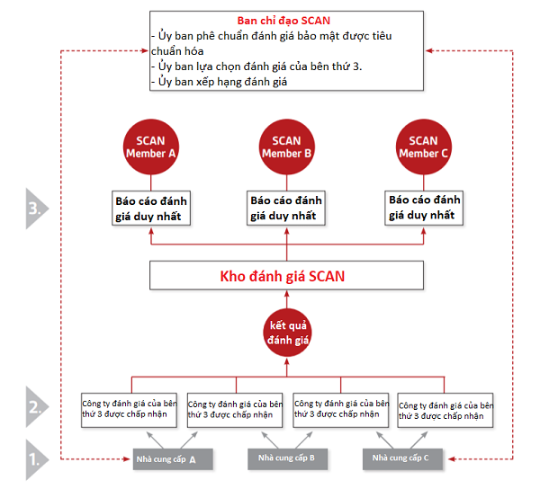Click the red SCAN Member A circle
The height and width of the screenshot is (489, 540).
[x=150, y=147]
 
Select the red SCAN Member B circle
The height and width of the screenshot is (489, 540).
[x=286, y=147]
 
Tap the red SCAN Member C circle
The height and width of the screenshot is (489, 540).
[x=423, y=147]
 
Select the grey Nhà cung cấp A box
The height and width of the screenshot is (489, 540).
[x=172, y=458]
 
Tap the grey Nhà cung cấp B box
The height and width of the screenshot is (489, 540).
[x=287, y=458]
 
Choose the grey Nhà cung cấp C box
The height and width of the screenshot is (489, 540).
[x=402, y=458]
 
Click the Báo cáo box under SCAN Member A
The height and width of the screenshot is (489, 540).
[x=150, y=208]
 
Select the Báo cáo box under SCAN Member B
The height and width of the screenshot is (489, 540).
[x=286, y=208]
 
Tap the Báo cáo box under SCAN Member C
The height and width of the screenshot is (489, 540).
[x=423, y=208]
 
